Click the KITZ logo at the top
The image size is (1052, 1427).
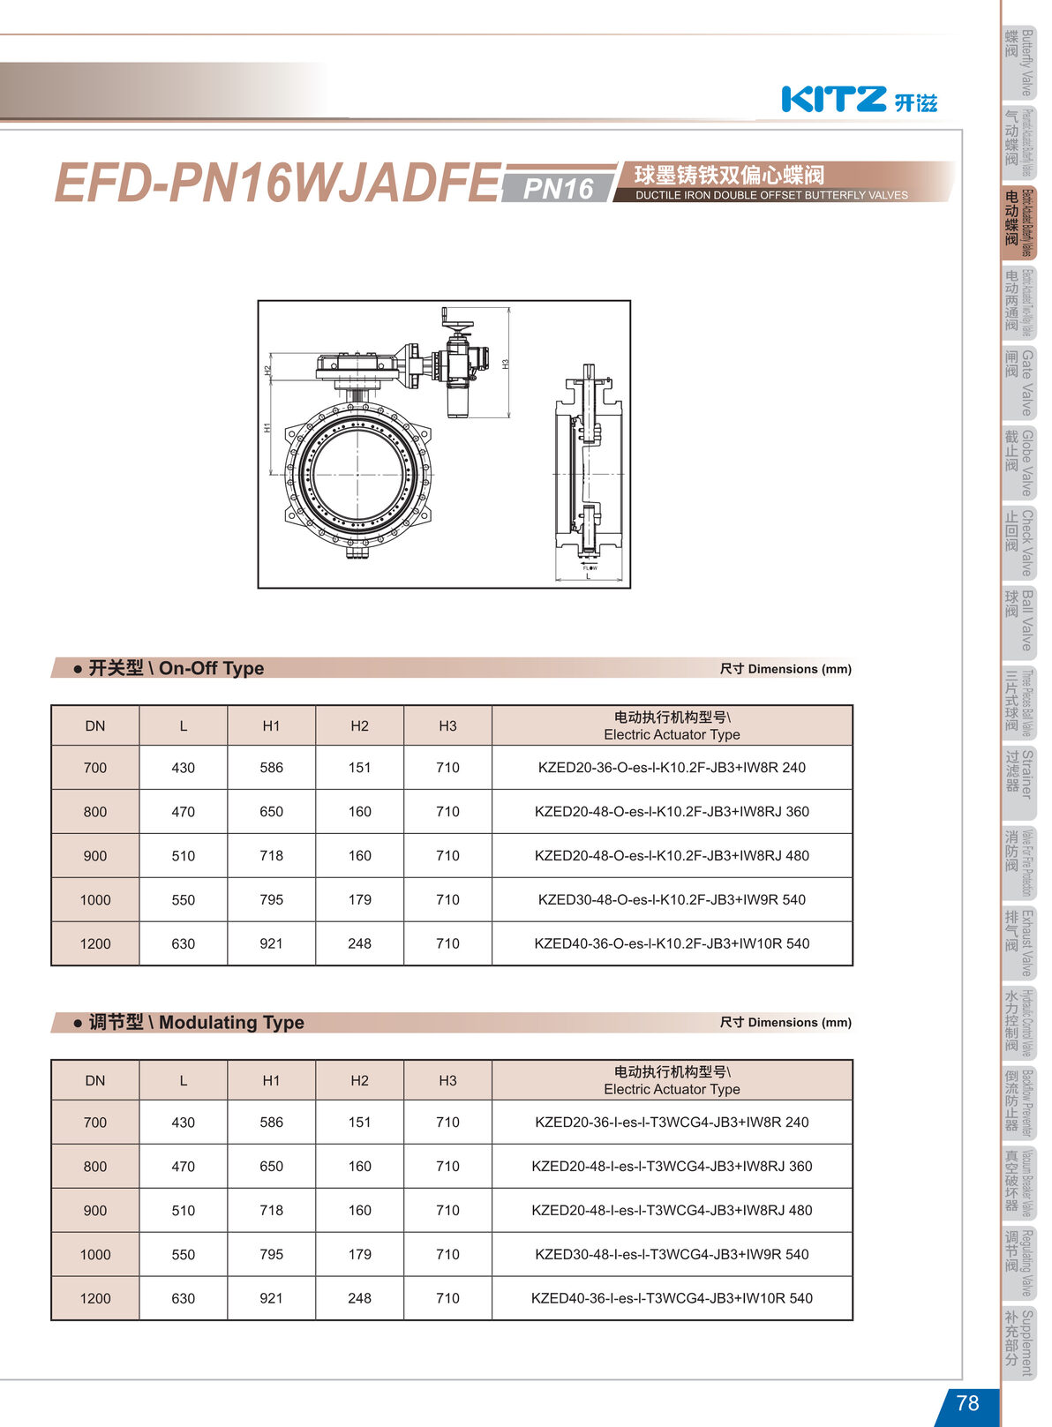858,99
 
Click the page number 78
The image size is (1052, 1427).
967,1402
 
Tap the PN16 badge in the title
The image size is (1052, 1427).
558,188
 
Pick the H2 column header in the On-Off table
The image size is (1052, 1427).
359,725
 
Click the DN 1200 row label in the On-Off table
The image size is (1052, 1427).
95,943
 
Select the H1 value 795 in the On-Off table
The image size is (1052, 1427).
271,899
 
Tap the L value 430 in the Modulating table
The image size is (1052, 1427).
183,1122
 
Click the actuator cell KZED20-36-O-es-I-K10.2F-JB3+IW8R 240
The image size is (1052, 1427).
672,767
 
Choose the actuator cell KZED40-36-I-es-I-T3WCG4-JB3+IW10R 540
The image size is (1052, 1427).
672,1298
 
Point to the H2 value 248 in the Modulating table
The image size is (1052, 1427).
359,1298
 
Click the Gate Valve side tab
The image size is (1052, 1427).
1018,382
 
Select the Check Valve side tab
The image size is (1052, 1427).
1018,542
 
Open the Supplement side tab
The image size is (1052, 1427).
1018,1342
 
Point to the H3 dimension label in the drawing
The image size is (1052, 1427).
506,363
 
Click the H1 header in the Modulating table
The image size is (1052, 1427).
271,1080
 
